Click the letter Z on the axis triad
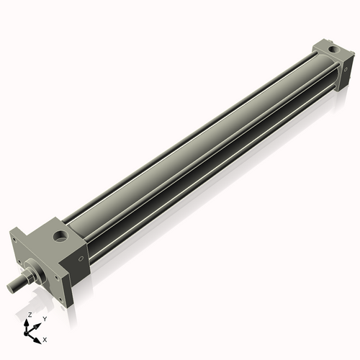[30, 315]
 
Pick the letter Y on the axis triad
[45, 318]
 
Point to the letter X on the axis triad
[45, 338]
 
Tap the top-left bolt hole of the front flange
[14, 237]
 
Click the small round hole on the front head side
[82, 259]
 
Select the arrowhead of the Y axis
[39, 324]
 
